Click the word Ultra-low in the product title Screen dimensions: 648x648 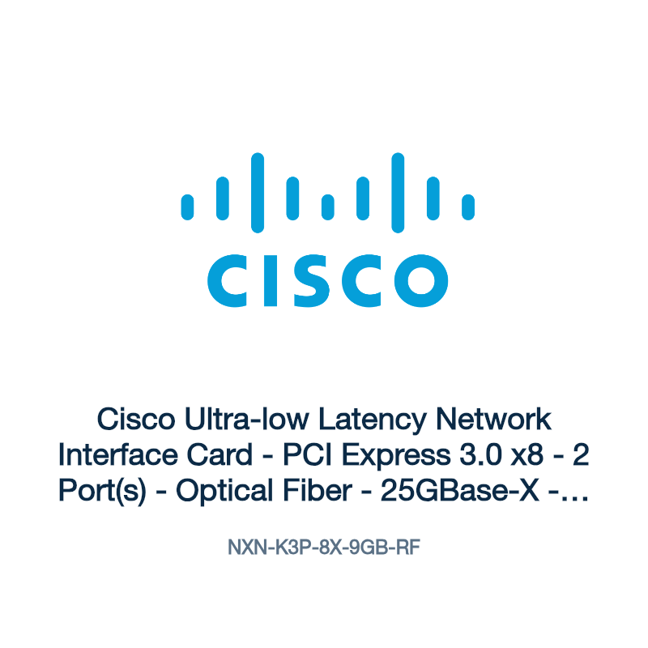click(x=246, y=419)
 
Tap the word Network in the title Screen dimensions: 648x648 click(x=493, y=419)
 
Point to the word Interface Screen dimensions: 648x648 click(x=117, y=454)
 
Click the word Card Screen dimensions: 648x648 click(x=220, y=454)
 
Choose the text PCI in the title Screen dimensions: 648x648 click(x=308, y=454)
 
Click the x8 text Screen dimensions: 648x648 click(x=527, y=455)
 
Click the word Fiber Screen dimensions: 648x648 click(x=318, y=490)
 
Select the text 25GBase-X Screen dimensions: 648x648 click(x=459, y=490)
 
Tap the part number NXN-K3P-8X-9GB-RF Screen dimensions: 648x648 click(x=324, y=548)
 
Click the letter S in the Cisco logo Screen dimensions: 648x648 click(x=311, y=280)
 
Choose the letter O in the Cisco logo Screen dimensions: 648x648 click(x=421, y=280)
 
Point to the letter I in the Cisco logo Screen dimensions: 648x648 click(x=271, y=281)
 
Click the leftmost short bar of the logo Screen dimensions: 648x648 click(x=187, y=207)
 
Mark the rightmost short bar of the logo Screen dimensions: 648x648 click(x=468, y=207)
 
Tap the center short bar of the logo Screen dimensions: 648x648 click(x=328, y=207)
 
